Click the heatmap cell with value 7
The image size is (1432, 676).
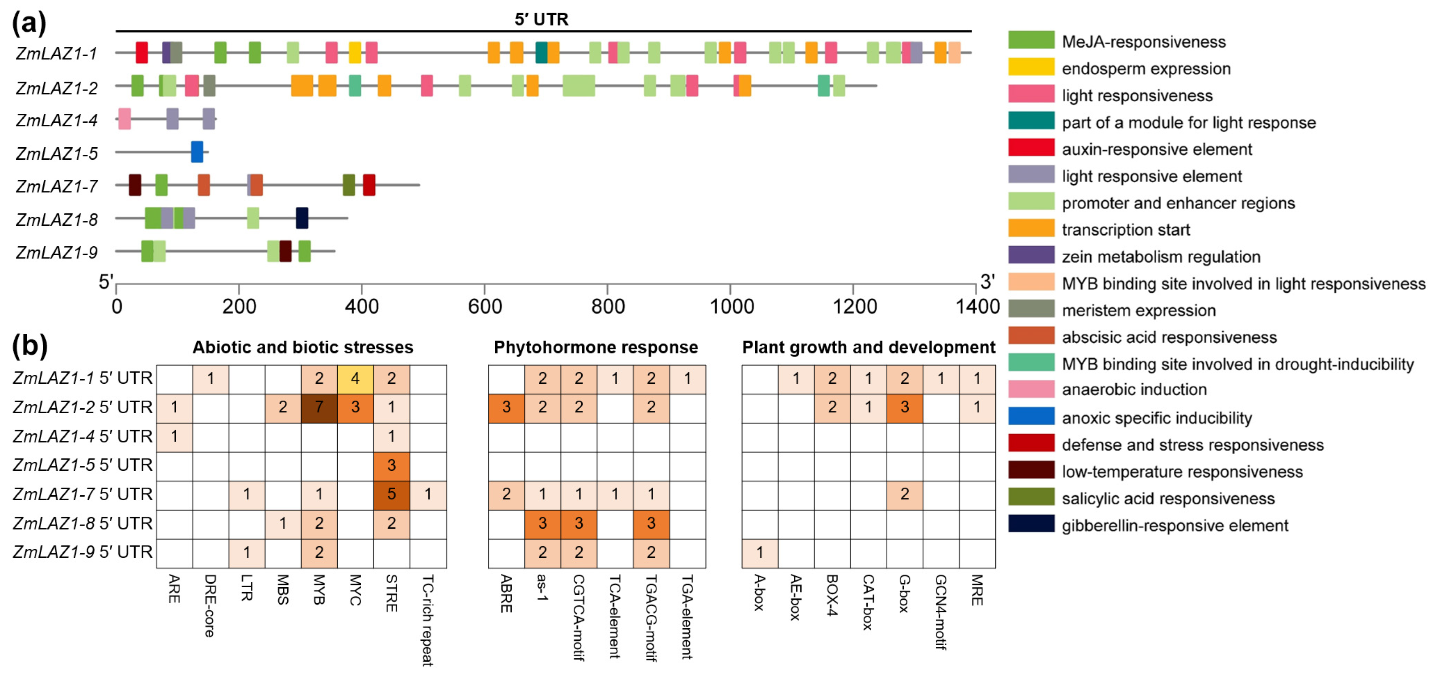(319, 407)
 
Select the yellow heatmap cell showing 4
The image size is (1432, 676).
(355, 378)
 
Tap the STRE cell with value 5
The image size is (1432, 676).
(391, 494)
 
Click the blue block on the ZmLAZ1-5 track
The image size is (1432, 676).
(197, 152)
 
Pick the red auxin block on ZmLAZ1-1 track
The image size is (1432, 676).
(142, 52)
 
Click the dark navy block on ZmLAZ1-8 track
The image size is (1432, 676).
(302, 218)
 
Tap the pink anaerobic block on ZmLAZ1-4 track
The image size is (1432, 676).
(124, 119)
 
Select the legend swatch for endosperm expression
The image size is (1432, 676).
(1031, 67)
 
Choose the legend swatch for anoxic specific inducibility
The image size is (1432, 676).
(1031, 416)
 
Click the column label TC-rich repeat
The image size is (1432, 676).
(427, 619)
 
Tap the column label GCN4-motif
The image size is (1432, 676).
(940, 611)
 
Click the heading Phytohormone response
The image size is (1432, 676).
(596, 348)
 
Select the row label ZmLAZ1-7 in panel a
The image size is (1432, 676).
(57, 186)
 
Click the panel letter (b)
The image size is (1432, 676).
(29, 345)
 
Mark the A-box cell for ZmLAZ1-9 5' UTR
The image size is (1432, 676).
(759, 552)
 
